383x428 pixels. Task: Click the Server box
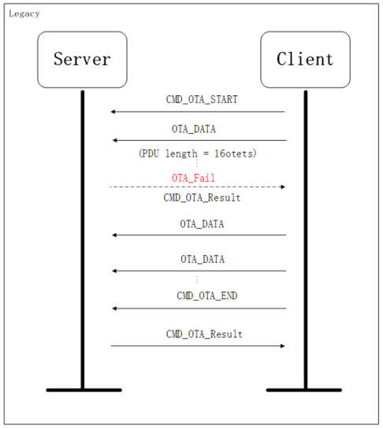click(82, 59)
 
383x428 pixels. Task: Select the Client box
click(305, 59)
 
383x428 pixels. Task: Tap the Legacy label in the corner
click(24, 14)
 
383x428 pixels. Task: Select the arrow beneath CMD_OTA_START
click(197, 112)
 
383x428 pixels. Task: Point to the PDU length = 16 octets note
click(197, 153)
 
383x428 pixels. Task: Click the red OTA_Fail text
click(193, 178)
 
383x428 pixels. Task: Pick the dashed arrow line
click(197, 186)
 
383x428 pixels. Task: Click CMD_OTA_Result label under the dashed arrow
click(202, 197)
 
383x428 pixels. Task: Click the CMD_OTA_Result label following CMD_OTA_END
click(204, 334)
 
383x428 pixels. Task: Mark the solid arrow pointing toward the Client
click(197, 345)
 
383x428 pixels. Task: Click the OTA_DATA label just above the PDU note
click(193, 128)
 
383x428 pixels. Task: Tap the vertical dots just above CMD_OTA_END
click(197, 281)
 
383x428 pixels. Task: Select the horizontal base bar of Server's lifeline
click(84, 389)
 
